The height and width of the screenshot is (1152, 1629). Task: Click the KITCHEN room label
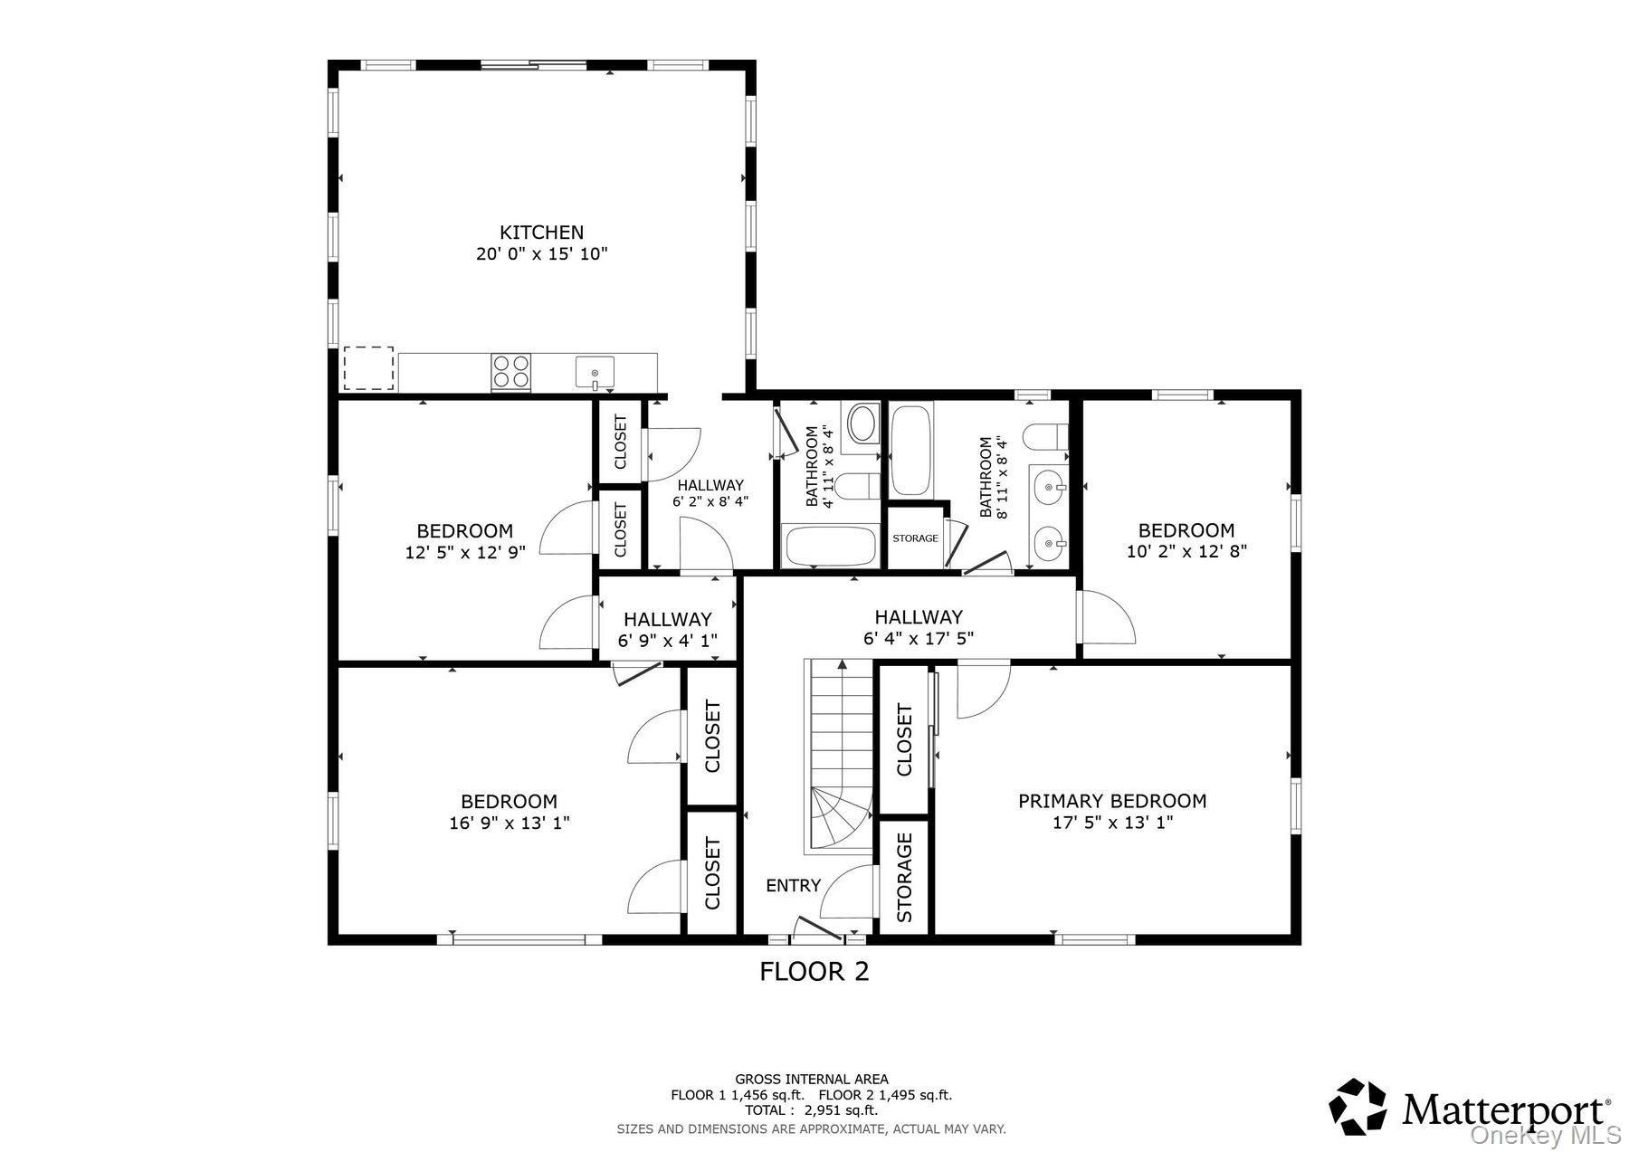click(542, 233)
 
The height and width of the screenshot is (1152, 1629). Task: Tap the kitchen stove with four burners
click(511, 372)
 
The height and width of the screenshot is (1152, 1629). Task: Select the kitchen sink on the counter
click(595, 373)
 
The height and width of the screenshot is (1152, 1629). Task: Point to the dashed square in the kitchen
click(367, 368)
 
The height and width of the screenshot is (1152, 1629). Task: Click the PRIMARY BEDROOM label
click(1112, 801)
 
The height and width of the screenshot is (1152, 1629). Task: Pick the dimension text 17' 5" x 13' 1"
click(1112, 823)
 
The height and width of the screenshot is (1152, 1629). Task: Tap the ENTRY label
click(794, 885)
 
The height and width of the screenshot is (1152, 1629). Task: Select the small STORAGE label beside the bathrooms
click(915, 538)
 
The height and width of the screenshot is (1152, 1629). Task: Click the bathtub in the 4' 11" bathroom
click(831, 546)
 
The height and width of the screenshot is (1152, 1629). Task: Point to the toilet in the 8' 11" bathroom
click(1045, 437)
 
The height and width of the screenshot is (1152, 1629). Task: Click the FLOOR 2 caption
click(814, 972)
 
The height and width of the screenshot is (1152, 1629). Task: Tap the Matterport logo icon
click(1357, 1106)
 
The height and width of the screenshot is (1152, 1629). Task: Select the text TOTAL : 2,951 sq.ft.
click(811, 1110)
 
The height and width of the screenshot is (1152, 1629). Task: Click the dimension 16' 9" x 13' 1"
click(510, 824)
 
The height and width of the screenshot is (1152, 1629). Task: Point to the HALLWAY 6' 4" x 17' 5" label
click(919, 627)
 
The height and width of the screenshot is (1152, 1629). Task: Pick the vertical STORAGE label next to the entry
click(904, 877)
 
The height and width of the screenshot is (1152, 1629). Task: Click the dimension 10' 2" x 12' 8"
click(1186, 551)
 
